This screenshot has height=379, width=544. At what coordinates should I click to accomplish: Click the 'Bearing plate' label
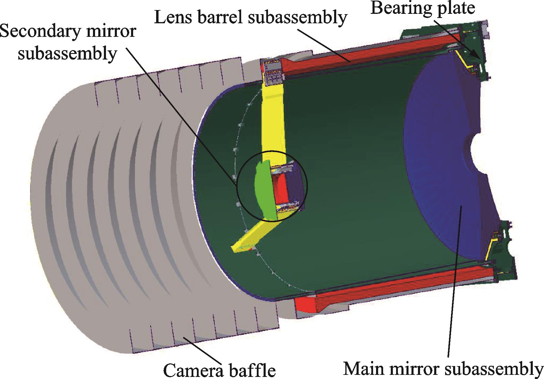pyautogui.click(x=423, y=8)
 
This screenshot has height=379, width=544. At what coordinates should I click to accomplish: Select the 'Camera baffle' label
pyautogui.click(x=219, y=370)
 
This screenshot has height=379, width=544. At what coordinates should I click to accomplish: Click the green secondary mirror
pyautogui.click(x=263, y=192)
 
